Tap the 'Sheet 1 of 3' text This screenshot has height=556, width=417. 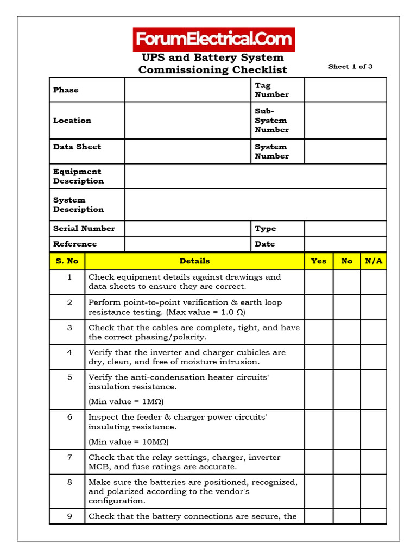coord(350,67)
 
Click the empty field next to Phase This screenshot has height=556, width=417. coord(188,90)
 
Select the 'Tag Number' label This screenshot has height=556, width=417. coord(271,90)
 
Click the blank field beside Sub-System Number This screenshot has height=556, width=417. coord(345,121)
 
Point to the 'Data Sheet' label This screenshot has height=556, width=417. coord(77,147)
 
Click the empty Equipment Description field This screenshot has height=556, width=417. coord(255,176)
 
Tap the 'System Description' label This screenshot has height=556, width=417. coord(78,205)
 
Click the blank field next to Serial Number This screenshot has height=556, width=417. coord(188,229)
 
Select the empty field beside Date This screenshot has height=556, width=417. coord(345,244)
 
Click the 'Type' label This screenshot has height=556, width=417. coord(266,229)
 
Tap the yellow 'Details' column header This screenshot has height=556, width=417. coord(194,261)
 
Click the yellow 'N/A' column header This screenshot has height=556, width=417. coord(374,261)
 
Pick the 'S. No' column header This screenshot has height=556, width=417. coord(67,261)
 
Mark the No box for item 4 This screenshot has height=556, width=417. coord(347,357)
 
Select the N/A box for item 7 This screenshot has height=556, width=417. coord(374,462)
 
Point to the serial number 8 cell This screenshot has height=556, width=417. coord(69,482)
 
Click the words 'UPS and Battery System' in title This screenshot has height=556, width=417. coord(213,58)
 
